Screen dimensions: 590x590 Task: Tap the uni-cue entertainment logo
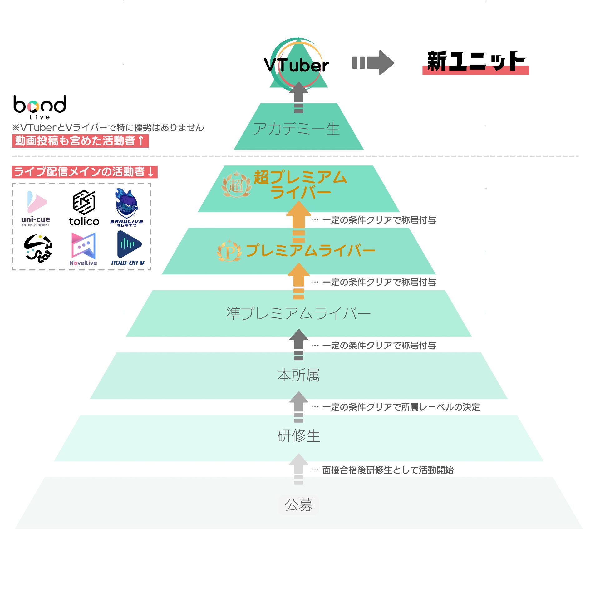click(36, 208)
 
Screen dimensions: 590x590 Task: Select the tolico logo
click(84, 208)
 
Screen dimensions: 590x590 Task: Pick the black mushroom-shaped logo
click(38, 248)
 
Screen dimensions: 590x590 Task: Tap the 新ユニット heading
click(475, 62)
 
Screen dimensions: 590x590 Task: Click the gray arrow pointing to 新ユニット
click(373, 62)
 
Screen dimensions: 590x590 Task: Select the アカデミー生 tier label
click(297, 129)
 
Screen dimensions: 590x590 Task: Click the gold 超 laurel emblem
click(236, 185)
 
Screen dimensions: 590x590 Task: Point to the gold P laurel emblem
click(229, 251)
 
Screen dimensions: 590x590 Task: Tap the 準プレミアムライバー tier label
click(298, 313)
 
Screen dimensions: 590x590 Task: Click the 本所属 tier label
click(298, 375)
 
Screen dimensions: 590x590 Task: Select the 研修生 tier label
click(298, 436)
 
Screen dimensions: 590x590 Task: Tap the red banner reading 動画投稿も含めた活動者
click(80, 141)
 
